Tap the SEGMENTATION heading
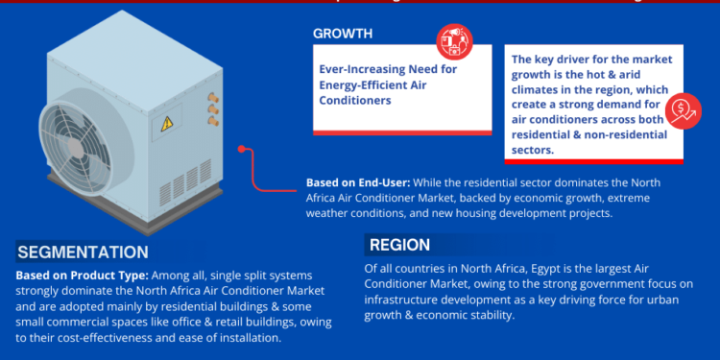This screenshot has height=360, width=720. (83, 252)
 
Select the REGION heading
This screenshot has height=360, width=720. (398, 245)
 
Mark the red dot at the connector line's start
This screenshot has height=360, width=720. (243, 149)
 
